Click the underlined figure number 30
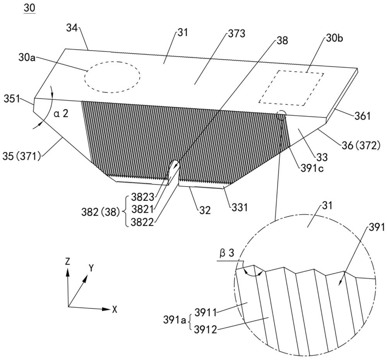coord(29,8)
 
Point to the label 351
coord(12,99)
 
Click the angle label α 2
coord(61,113)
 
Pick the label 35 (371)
coord(21,156)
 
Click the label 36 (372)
coord(361,146)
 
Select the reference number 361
coord(363,116)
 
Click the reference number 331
coord(239,207)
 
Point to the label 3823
coord(142,197)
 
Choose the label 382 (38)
coord(101,212)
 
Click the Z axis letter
coord(68,261)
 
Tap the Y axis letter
coord(91,268)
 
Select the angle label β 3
coord(227,253)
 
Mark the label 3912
coord(205,329)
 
